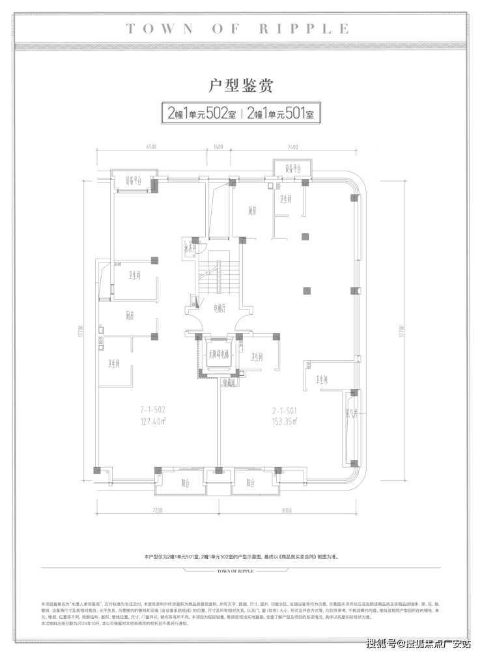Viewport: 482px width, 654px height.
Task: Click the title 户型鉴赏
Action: tap(240, 85)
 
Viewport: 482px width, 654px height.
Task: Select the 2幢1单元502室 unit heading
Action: tap(201, 113)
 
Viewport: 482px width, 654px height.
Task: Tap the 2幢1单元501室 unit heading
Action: tap(281, 113)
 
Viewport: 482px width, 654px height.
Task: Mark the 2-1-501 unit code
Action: tap(285, 411)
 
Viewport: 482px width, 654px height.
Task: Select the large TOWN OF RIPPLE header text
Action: tap(238, 29)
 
